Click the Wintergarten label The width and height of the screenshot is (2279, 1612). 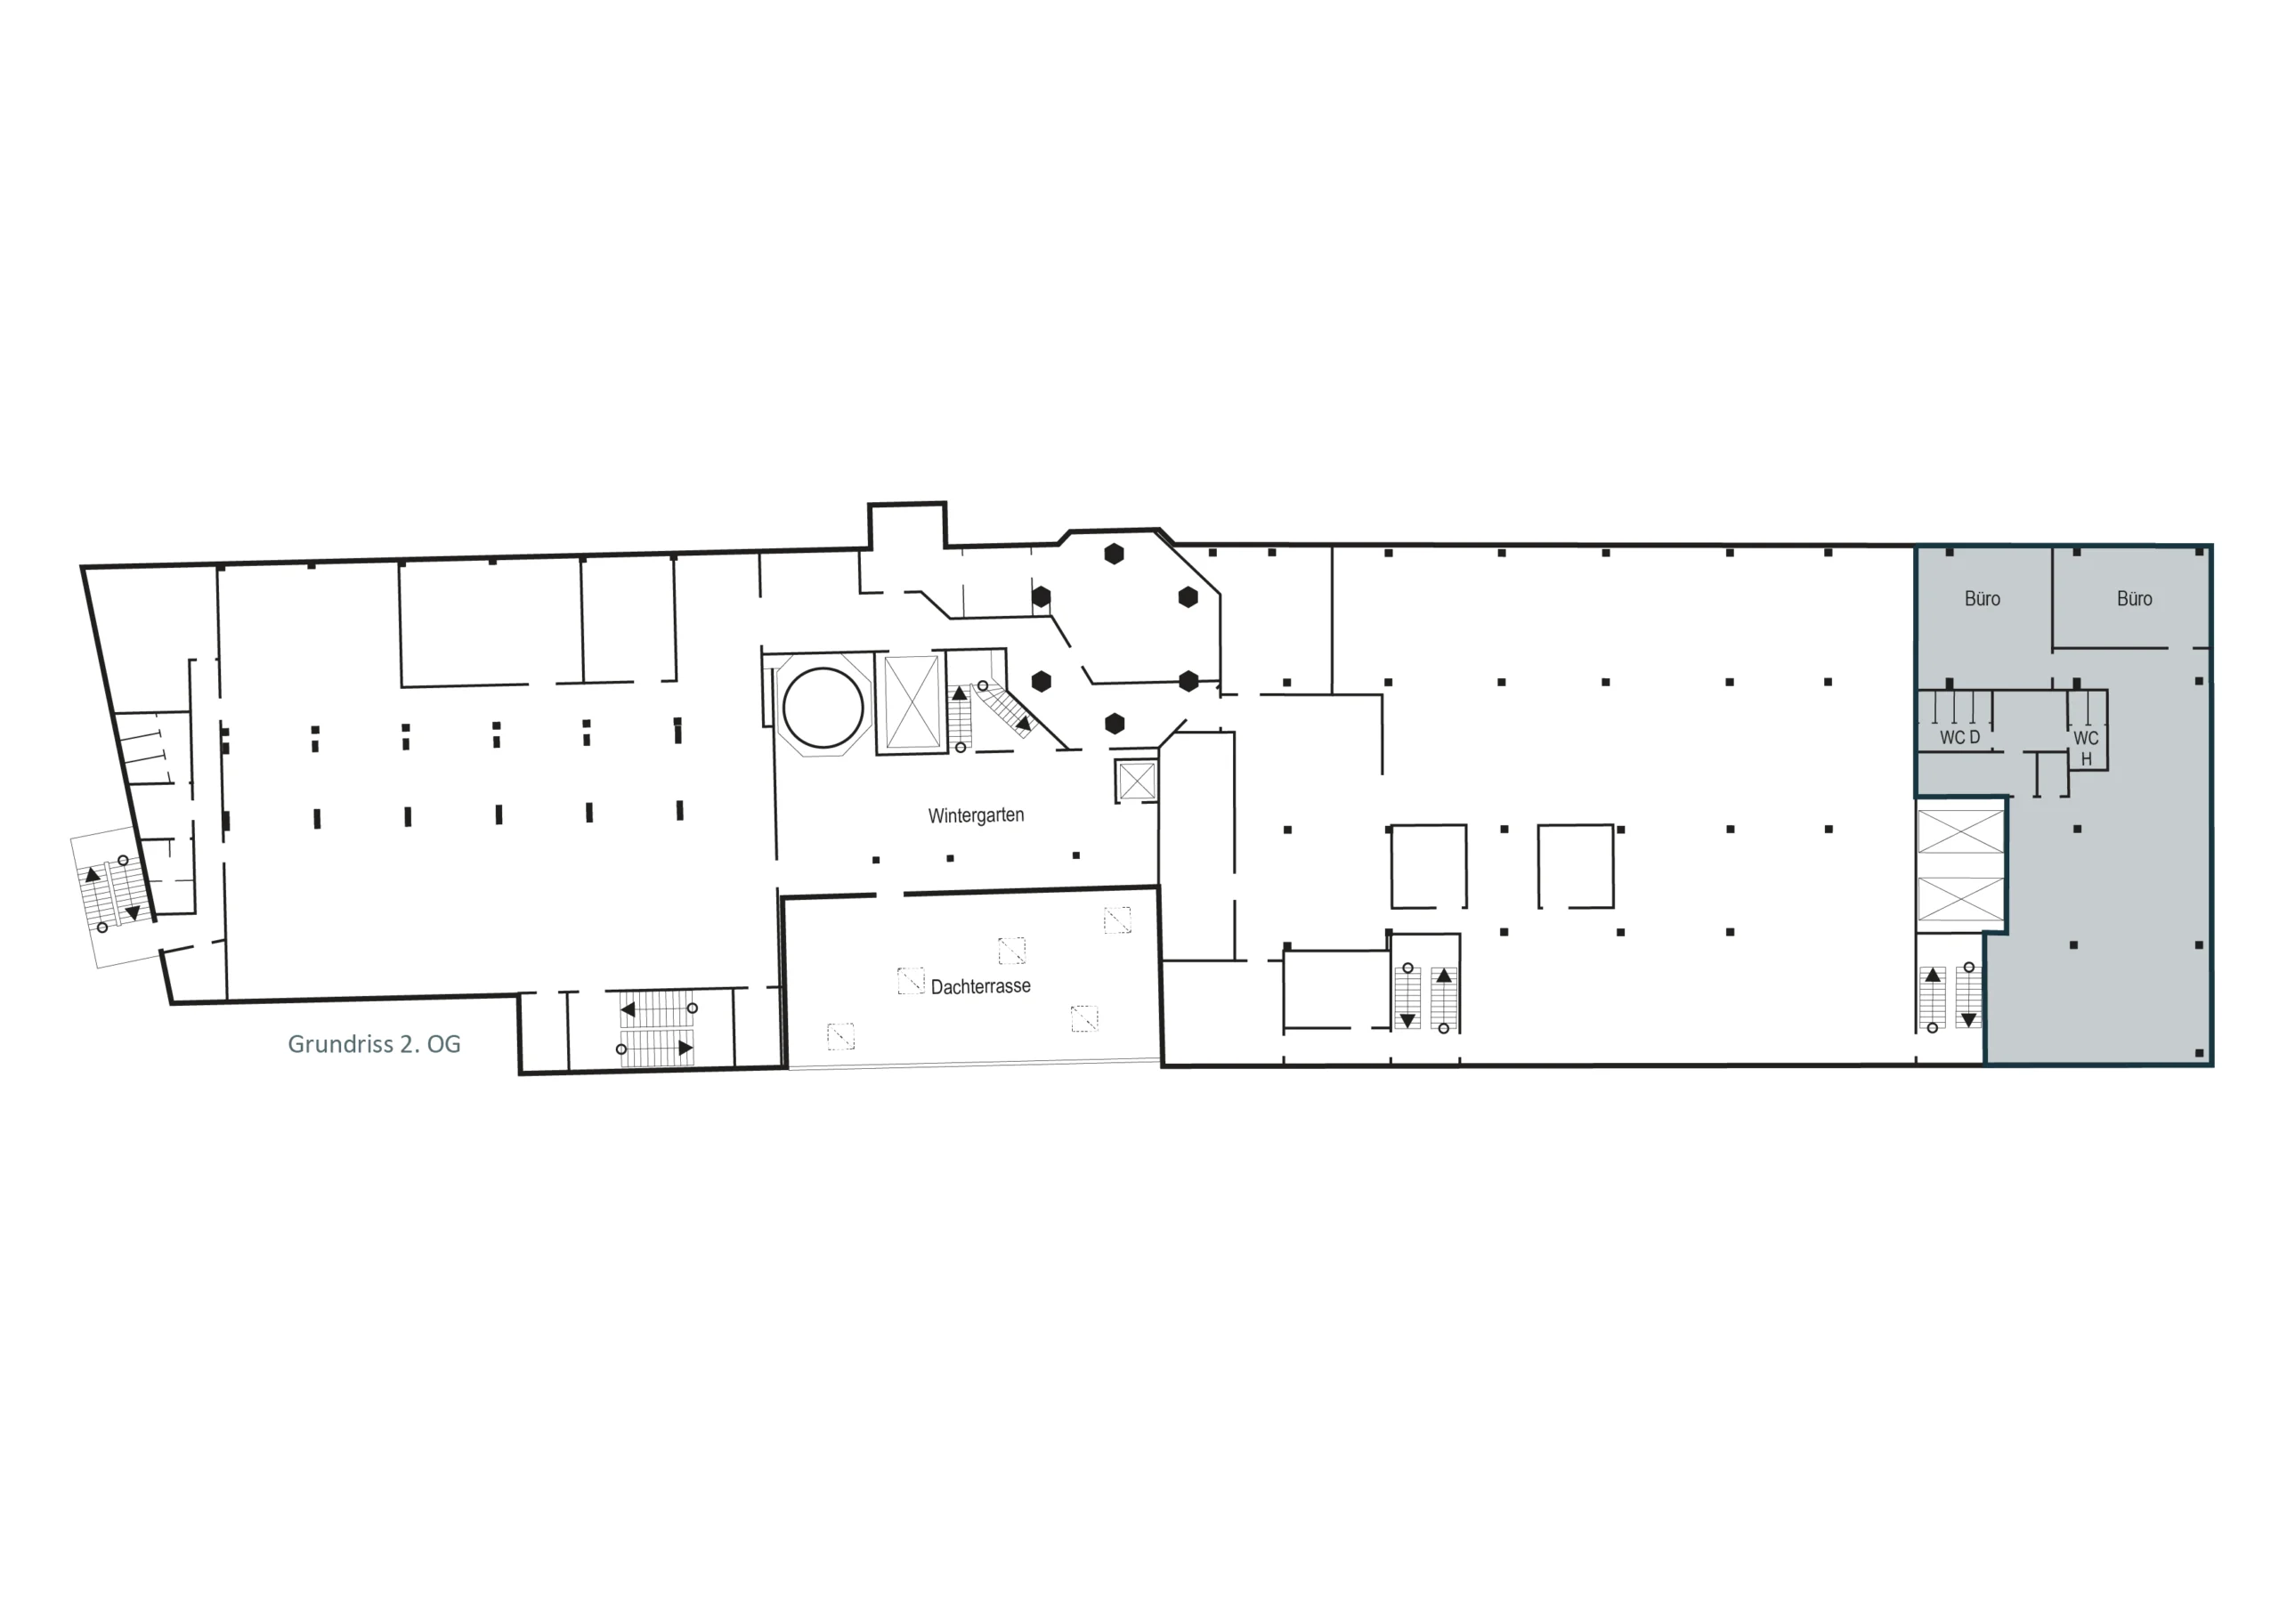click(x=976, y=815)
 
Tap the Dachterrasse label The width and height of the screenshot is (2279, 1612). click(x=981, y=985)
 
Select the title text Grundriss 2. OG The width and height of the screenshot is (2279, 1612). click(x=374, y=1044)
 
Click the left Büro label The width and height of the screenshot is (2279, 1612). click(x=1983, y=598)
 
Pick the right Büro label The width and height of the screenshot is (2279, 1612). click(x=2134, y=598)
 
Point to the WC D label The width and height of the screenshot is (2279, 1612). click(x=1959, y=738)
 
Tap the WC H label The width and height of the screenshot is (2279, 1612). click(x=2086, y=749)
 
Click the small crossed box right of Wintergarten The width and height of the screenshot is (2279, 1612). click(x=1137, y=782)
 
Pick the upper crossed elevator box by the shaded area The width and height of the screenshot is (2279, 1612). click(x=1960, y=830)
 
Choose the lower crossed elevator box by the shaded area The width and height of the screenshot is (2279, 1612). click(x=1960, y=898)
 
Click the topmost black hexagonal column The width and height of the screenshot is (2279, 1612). click(x=1114, y=554)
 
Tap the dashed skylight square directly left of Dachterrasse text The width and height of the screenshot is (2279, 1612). click(x=910, y=981)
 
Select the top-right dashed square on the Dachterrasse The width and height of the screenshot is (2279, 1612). click(x=1117, y=920)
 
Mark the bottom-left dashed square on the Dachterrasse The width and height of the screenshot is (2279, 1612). click(x=840, y=1036)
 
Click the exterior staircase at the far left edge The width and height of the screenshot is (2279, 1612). click(x=111, y=895)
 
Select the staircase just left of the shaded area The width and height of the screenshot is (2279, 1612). click(x=1951, y=998)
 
